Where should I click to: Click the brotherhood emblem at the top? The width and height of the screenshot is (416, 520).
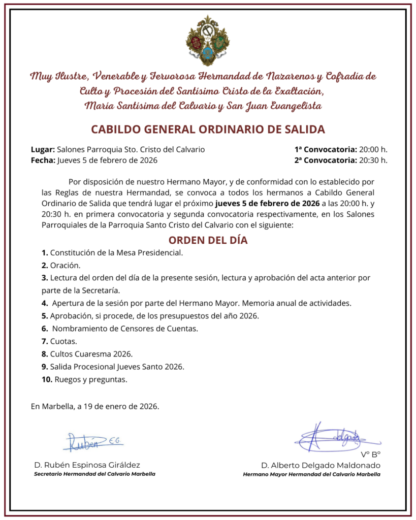(x=208, y=41)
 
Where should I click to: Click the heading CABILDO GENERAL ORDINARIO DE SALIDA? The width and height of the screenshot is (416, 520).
(x=208, y=129)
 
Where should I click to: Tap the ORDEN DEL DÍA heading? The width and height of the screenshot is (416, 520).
(x=208, y=240)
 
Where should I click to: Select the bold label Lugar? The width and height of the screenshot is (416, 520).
(x=43, y=150)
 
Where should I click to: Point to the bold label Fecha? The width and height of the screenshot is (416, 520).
(x=43, y=160)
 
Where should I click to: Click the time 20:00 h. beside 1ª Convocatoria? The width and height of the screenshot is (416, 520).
(x=373, y=150)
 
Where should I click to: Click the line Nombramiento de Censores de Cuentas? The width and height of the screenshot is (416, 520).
(x=124, y=329)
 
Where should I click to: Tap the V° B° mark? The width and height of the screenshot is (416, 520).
(x=371, y=454)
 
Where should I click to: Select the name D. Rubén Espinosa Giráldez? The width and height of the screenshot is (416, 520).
(x=87, y=465)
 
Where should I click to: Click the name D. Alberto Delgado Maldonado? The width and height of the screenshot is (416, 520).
(x=321, y=465)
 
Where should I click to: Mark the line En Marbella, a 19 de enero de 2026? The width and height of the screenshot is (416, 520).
(x=95, y=406)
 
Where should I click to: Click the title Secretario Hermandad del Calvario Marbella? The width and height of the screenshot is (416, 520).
(x=94, y=474)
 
